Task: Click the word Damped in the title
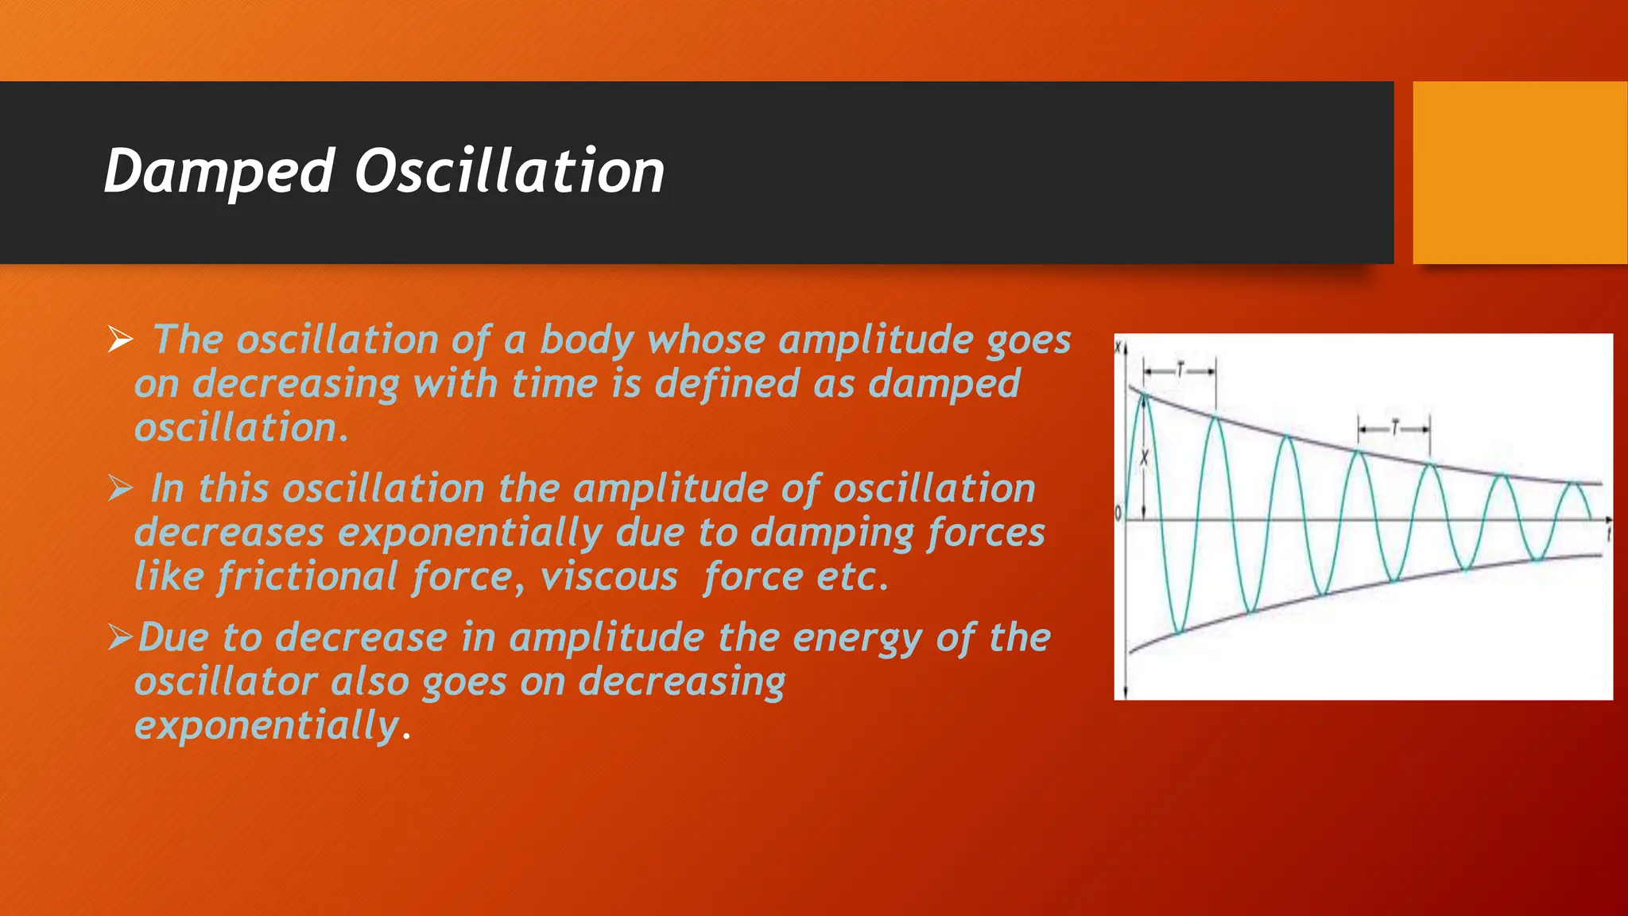coord(219,172)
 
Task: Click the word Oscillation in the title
coord(509,172)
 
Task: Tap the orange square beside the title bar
coord(1520,173)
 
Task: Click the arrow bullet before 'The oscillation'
coord(120,340)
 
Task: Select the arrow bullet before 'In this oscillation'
coord(120,488)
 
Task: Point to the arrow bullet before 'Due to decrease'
coord(120,637)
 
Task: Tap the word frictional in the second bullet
coord(307,576)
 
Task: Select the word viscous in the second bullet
coord(609,576)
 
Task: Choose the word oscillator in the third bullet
coord(226,682)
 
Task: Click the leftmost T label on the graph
coord(1180,371)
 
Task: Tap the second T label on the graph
coord(1394,429)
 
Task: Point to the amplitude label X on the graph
coord(1145,458)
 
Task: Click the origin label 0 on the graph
coord(1119,514)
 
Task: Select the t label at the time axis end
coord(1608,531)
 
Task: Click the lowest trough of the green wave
coord(1180,632)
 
